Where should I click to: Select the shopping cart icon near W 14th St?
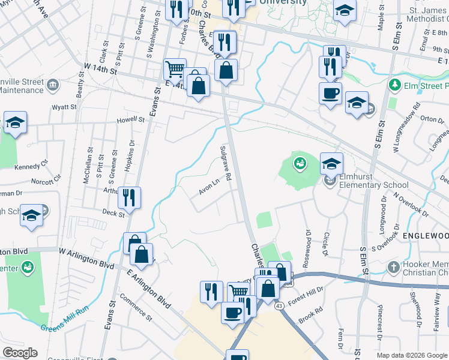175,68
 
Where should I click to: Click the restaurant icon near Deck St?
129,196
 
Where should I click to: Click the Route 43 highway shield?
280,306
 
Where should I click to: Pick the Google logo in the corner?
20,353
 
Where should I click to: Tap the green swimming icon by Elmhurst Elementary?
299,161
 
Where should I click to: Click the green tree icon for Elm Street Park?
394,86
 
